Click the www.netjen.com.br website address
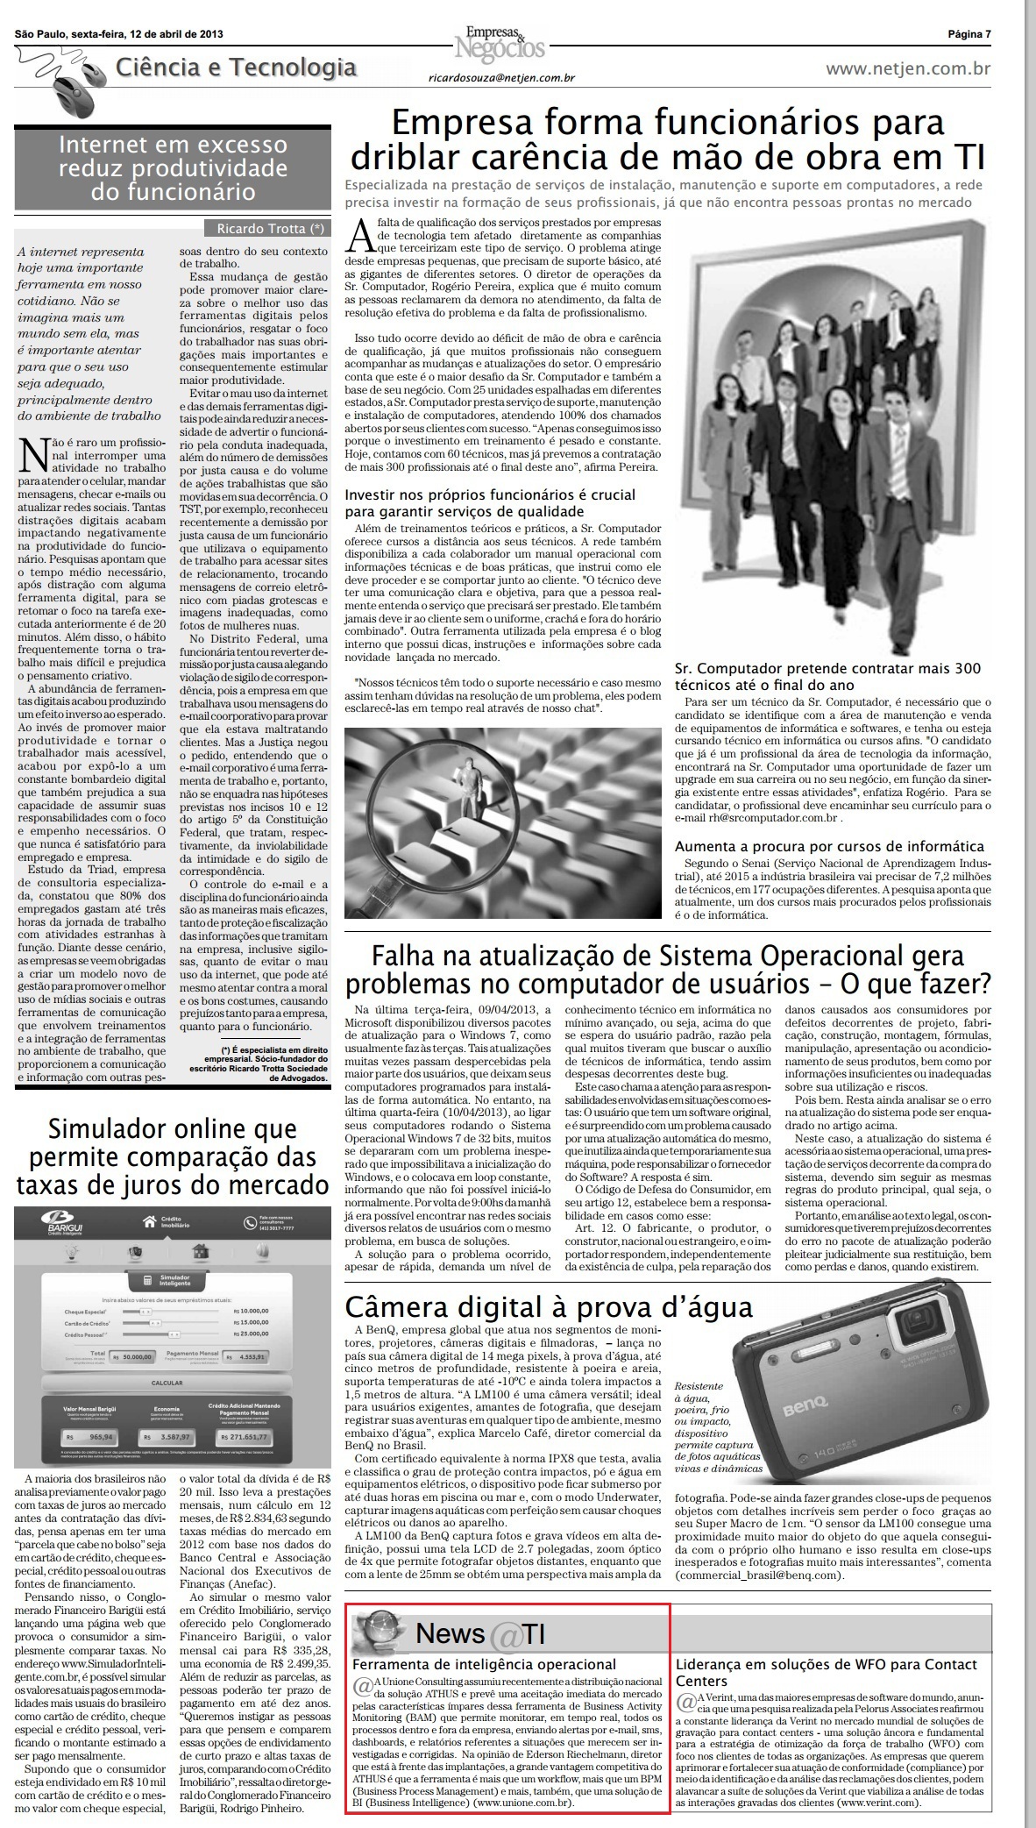pyautogui.click(x=908, y=68)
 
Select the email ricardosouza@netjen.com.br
pyautogui.click(x=501, y=78)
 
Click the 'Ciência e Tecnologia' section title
pyautogui.click(x=236, y=68)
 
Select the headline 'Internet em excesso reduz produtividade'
pyautogui.click(x=173, y=167)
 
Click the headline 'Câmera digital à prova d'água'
pyautogui.click(x=549, y=1307)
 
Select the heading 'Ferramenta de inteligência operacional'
pyautogui.click(x=484, y=1664)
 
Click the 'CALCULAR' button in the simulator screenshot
pyautogui.click(x=167, y=1383)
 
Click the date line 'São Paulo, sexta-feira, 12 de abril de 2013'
pyautogui.click(x=118, y=34)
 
